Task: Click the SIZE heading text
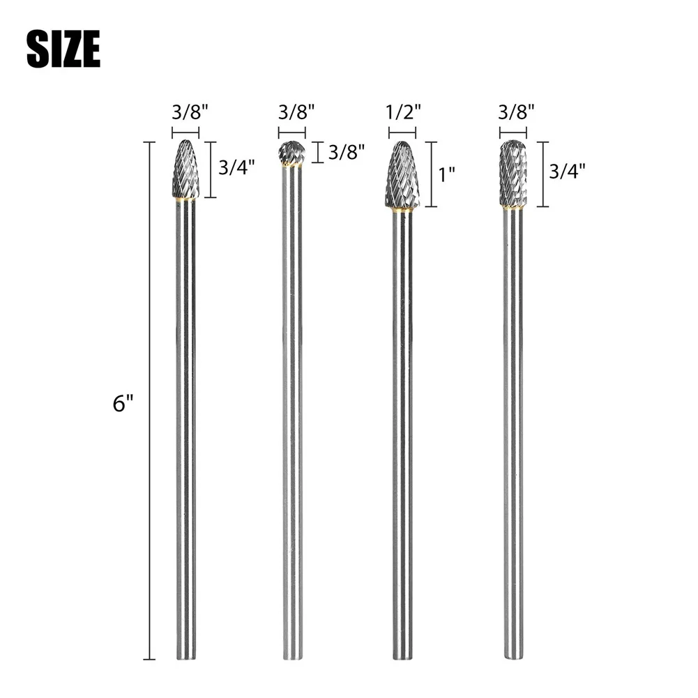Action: pos(63,50)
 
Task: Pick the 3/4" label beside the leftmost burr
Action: pos(236,168)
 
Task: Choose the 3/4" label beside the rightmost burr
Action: pos(567,171)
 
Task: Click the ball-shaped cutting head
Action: pos(292,153)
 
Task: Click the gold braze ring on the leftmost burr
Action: pos(185,199)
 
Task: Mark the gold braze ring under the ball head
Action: pos(292,166)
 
